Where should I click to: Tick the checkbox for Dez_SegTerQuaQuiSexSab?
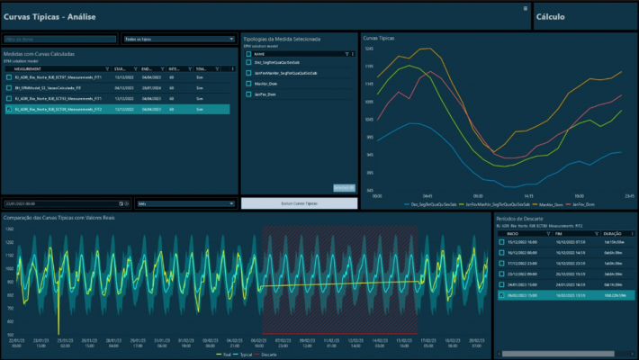[x=248, y=62]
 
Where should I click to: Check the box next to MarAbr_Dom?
[x=248, y=83]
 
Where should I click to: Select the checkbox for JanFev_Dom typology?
[x=248, y=94]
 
